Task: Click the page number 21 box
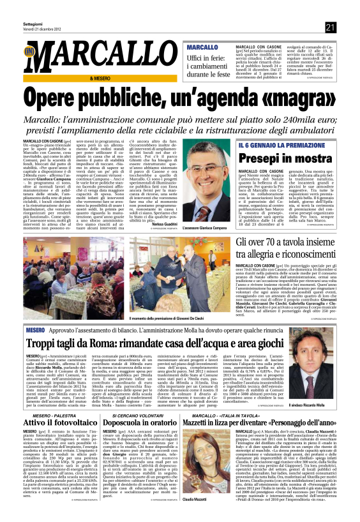coord(330,27)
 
